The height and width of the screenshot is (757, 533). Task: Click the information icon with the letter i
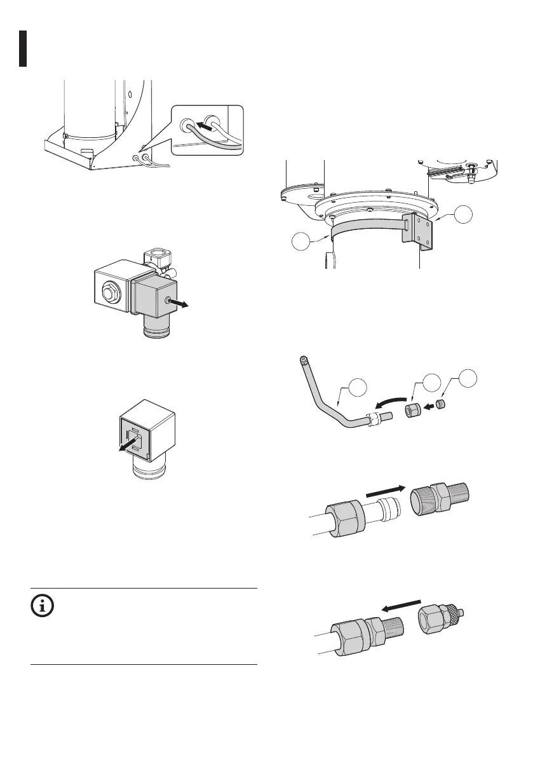coord(43,606)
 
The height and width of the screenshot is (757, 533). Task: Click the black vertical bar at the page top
coord(22,48)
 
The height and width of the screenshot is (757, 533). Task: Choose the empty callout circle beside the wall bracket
coord(469,214)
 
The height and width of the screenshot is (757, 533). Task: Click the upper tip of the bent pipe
coord(302,360)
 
